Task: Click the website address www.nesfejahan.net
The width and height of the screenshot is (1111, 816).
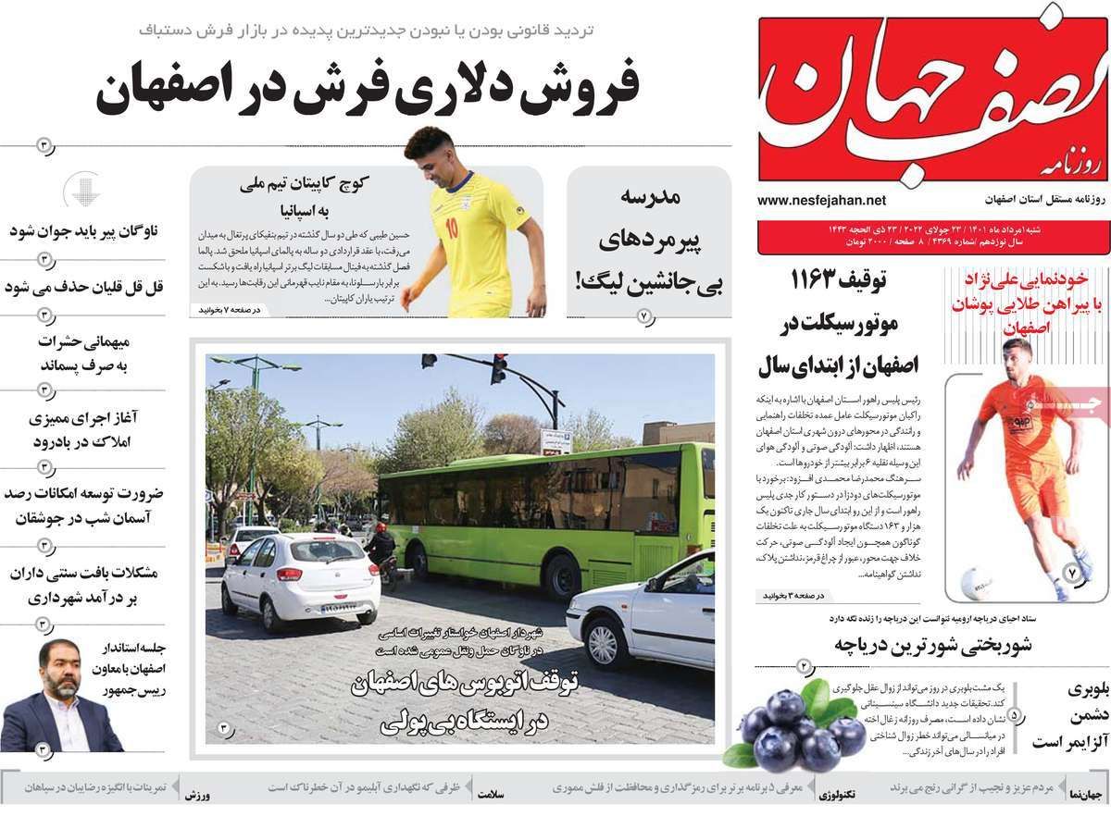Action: [821, 200]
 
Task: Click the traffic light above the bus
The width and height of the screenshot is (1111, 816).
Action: [498, 369]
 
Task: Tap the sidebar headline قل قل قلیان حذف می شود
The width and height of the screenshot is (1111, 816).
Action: [84, 286]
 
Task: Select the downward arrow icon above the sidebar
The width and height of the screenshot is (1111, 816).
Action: [81, 191]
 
